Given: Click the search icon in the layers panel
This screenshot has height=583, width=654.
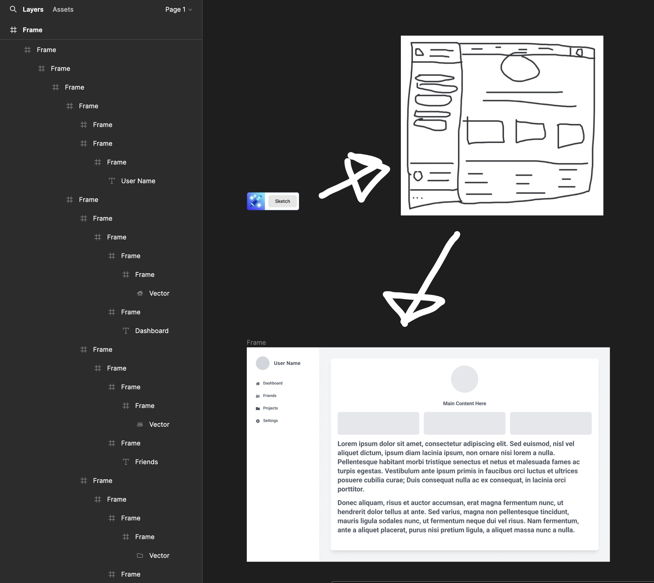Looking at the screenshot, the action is click(x=13, y=9).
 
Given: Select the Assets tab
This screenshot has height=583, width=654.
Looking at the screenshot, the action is click(x=63, y=10).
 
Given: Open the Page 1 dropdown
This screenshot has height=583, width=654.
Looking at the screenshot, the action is click(x=179, y=10).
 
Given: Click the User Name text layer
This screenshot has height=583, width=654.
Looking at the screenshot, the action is click(x=138, y=181).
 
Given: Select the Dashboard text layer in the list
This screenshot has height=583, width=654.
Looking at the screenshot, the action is click(x=152, y=331).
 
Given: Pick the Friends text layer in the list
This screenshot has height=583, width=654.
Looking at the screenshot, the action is click(x=146, y=462).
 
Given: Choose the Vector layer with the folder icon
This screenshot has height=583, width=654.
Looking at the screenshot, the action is click(x=159, y=556).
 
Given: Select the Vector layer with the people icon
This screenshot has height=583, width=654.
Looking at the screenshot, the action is click(x=159, y=424).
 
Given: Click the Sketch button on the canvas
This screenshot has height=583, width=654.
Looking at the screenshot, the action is click(x=282, y=201).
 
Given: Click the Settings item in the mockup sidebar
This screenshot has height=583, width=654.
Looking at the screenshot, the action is click(x=270, y=421).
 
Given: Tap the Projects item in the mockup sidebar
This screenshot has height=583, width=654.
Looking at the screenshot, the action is click(x=270, y=408).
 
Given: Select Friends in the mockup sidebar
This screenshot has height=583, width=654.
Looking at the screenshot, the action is click(x=270, y=396).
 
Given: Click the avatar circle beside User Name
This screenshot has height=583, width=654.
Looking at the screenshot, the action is click(x=262, y=363).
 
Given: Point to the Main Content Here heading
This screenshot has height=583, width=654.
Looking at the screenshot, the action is click(x=464, y=404).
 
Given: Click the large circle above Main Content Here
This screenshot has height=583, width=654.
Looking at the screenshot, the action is click(x=464, y=379).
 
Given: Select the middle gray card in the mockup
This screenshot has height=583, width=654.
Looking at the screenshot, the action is click(x=464, y=423).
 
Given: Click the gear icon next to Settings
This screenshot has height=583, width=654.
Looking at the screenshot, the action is click(x=258, y=421).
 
